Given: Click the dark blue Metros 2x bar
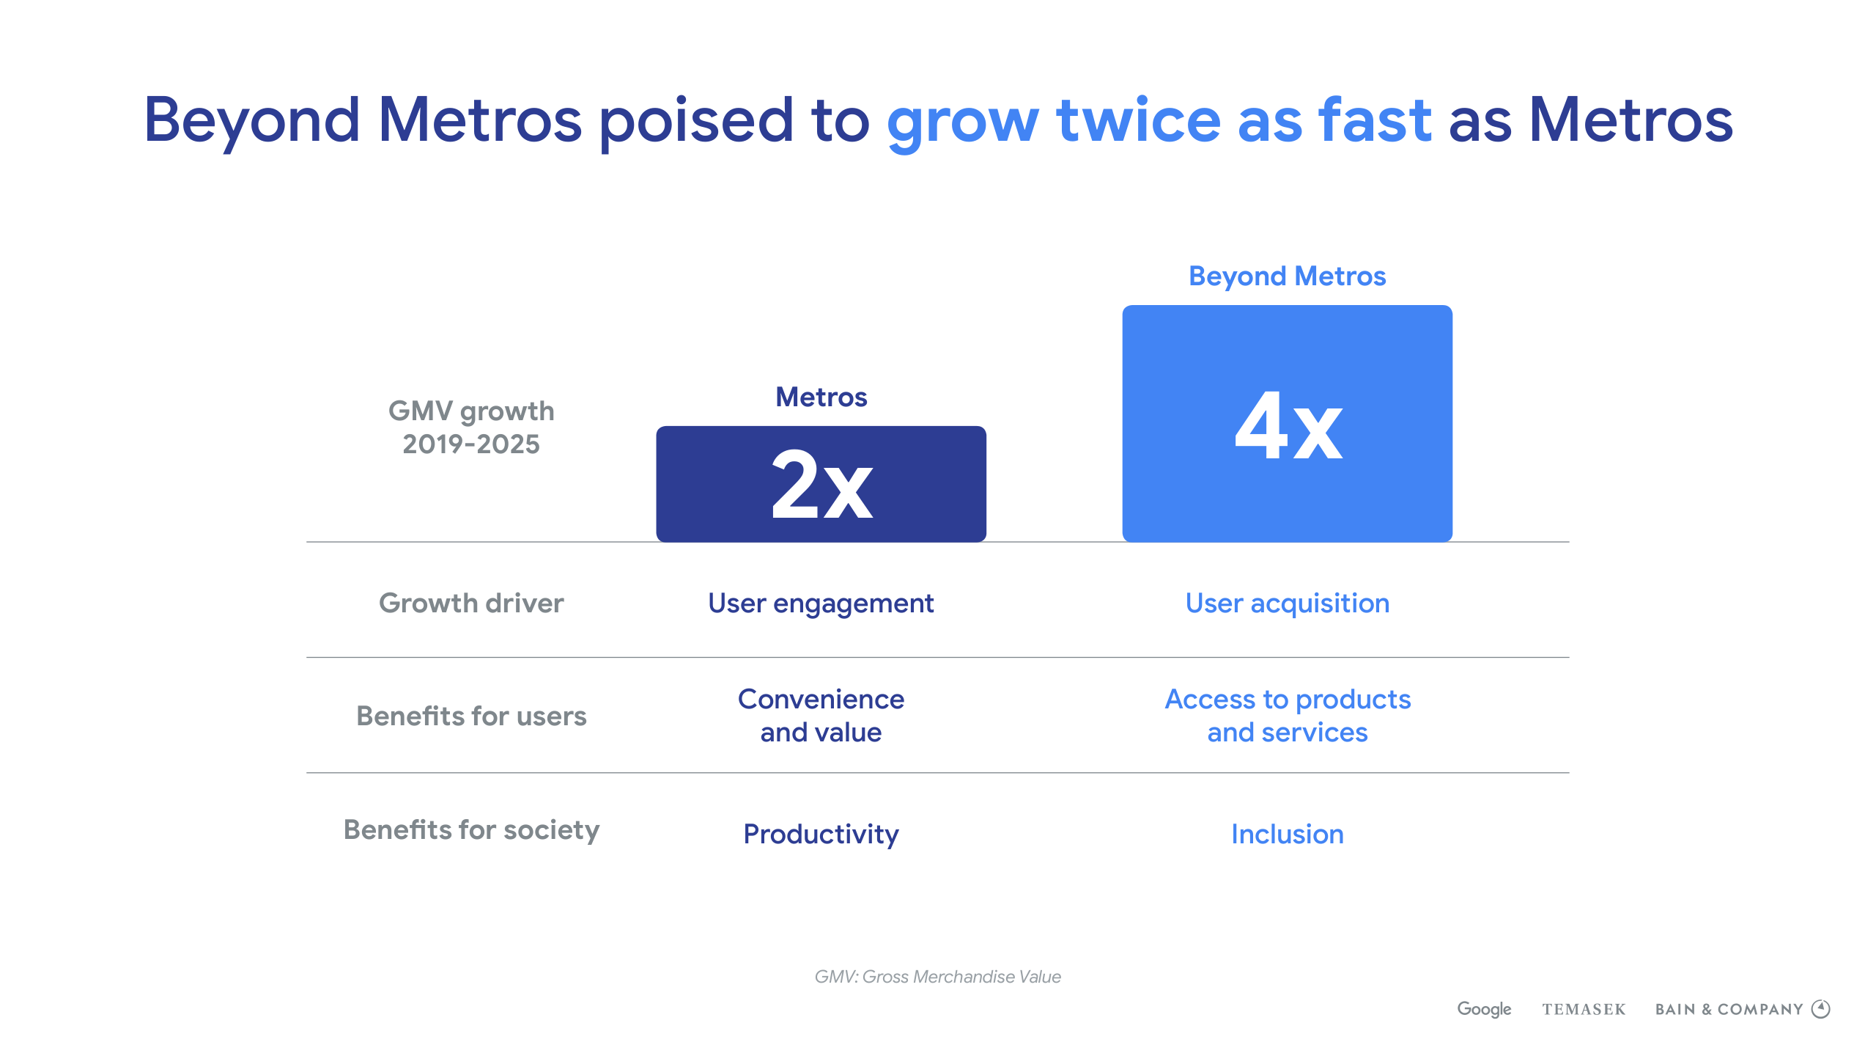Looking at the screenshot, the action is (821, 484).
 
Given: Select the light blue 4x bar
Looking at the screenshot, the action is (1287, 424).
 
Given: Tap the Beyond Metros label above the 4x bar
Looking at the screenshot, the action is (1287, 276).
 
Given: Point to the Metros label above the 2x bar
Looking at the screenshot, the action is (821, 397).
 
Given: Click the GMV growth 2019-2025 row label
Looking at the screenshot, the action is (471, 428).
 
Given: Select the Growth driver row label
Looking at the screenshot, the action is (471, 603).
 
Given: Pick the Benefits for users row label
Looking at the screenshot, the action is (471, 716).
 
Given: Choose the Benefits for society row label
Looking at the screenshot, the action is (471, 830).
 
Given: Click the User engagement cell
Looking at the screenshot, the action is (821, 604).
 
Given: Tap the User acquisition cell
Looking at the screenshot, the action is (1288, 604).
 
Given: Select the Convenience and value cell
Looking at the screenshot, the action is (821, 716).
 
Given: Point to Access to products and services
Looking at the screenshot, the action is (1288, 716).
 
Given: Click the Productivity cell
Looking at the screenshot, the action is (821, 835).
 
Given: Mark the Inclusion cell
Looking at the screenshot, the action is (1288, 835).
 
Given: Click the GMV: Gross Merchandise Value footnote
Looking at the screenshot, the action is (938, 977).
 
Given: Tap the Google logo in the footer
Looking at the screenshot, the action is (1484, 1009).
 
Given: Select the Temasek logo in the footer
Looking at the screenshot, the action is (1584, 1010).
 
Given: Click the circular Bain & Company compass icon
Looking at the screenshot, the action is (1821, 1009).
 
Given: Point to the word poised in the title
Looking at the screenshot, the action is (696, 121).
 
